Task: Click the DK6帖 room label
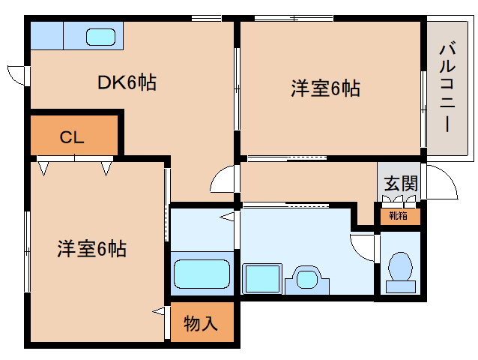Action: click(x=127, y=83)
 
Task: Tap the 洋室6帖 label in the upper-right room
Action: click(x=325, y=88)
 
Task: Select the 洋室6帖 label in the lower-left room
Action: click(x=91, y=248)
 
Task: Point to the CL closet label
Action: click(x=72, y=138)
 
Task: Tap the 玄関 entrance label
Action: click(x=400, y=184)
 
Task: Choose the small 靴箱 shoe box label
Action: click(x=398, y=216)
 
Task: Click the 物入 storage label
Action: click(x=201, y=323)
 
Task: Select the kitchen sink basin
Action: click(x=100, y=37)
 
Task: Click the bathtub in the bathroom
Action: click(x=202, y=274)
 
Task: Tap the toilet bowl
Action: click(x=402, y=266)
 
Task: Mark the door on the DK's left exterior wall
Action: click(x=18, y=76)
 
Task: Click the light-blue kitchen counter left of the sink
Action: click(x=47, y=35)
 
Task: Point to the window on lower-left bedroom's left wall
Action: click(x=27, y=251)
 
